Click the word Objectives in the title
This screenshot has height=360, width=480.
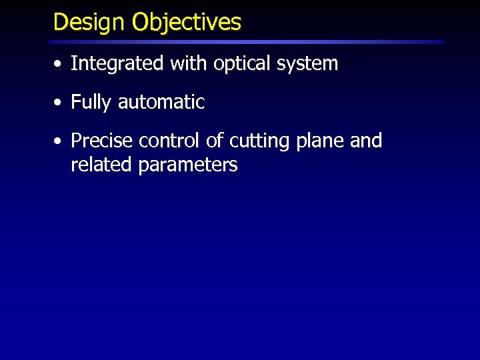pyautogui.click(x=186, y=23)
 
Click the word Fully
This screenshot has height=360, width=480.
pyautogui.click(x=91, y=103)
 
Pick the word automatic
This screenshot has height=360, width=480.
pyautogui.click(x=161, y=103)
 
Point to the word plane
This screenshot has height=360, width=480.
pyautogui.click(x=321, y=142)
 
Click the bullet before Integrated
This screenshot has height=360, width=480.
pyautogui.click(x=59, y=65)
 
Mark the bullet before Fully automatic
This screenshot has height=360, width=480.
pyautogui.click(x=59, y=103)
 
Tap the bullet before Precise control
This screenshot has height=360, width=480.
pyautogui.click(x=59, y=142)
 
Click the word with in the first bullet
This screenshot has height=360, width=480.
pyautogui.click(x=189, y=64)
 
